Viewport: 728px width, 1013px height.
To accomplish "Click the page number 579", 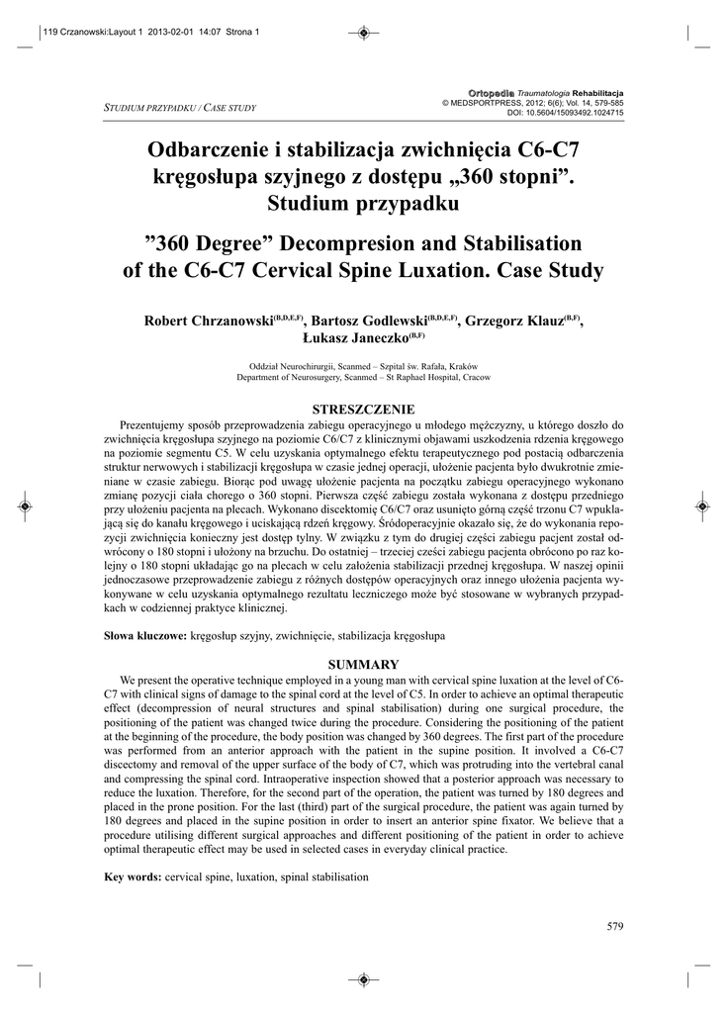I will click(614, 925).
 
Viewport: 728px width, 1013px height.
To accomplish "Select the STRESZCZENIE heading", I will click(364, 409).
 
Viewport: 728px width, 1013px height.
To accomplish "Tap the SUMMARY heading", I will click(364, 665).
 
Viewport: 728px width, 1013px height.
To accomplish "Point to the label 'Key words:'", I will click(133, 877).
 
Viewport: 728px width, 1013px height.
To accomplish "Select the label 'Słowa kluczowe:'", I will click(145, 639).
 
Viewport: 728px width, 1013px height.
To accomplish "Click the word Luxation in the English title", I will click(491, 269).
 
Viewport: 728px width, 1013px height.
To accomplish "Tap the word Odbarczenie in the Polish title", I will click(206, 151).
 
